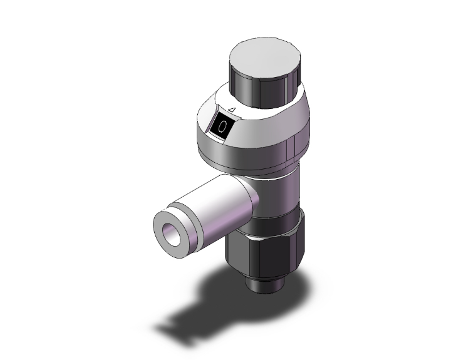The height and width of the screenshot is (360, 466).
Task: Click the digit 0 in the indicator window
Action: coord(223,125)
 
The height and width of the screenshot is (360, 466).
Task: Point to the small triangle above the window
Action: coord(231,111)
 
